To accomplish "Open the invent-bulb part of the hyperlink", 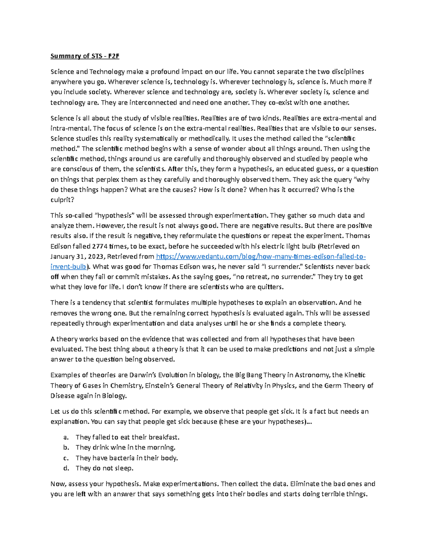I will point(68,267).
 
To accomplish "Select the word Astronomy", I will point(312,375).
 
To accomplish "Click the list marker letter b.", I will point(66,448).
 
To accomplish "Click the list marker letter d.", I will point(66,468).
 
